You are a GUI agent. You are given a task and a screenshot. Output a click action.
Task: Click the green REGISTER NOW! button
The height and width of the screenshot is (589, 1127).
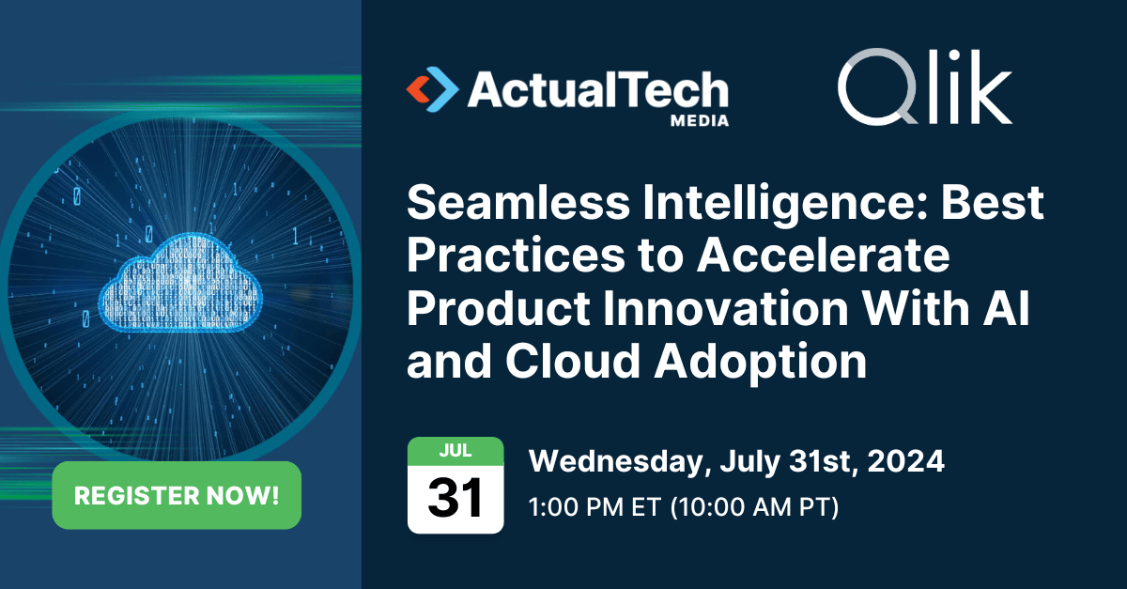pyautogui.click(x=177, y=495)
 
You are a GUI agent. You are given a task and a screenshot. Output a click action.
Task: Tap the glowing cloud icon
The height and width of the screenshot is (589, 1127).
pyautogui.click(x=180, y=283)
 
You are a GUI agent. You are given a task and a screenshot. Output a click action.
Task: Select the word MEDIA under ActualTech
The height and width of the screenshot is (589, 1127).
pyautogui.click(x=700, y=119)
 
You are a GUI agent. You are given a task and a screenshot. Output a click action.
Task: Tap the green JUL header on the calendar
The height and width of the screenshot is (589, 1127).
pyautogui.click(x=455, y=450)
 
